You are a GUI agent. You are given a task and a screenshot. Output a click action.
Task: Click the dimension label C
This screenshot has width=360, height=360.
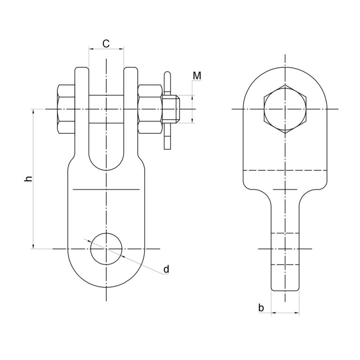tap(106, 44)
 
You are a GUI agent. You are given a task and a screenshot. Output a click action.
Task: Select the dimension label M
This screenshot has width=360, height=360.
tap(197, 76)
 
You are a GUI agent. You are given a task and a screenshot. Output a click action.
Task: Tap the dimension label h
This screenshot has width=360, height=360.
tap(28, 179)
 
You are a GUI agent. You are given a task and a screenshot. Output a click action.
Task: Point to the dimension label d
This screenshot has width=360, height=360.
tap(166, 269)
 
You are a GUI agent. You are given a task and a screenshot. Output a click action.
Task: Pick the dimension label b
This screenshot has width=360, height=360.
tap(261, 307)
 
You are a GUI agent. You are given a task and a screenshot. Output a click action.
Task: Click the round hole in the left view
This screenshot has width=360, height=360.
tap(106, 249)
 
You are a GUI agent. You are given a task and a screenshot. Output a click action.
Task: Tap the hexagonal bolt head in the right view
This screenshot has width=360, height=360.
tap(285, 109)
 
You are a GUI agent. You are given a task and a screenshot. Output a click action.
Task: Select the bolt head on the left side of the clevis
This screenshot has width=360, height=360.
tap(67, 109)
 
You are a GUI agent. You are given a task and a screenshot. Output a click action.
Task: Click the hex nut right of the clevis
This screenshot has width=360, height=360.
tap(150, 109)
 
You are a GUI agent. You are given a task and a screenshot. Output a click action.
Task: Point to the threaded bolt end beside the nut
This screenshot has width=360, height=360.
tap(171, 109)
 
